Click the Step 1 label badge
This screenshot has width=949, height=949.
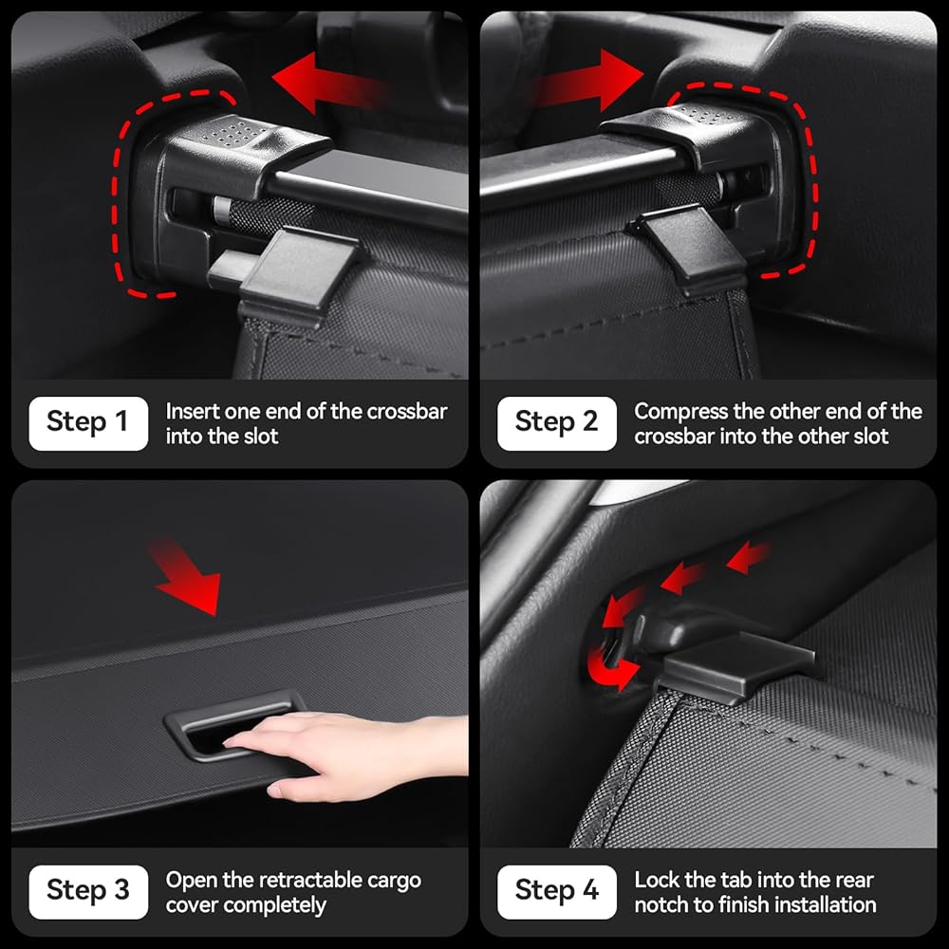[88, 423]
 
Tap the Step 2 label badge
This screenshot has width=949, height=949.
[557, 423]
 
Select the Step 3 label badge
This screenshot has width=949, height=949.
[88, 891]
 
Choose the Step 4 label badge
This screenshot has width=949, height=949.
[557, 891]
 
